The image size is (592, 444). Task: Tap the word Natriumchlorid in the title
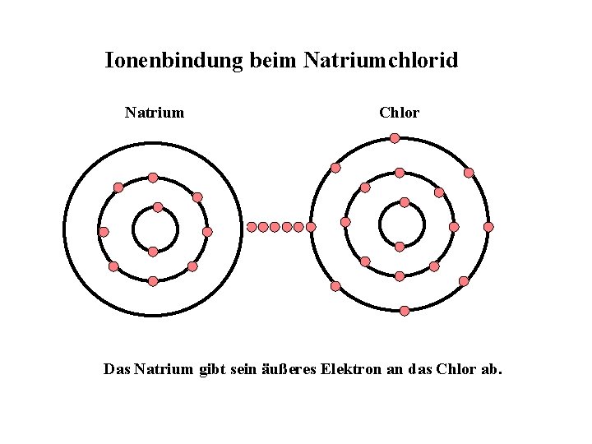pyautogui.click(x=381, y=61)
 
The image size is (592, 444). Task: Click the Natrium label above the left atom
pyautogui.click(x=155, y=113)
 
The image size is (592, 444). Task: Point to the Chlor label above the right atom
pyautogui.click(x=399, y=113)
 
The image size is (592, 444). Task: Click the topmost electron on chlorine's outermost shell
pyautogui.click(x=395, y=138)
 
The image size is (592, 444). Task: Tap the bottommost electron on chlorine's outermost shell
pyautogui.click(x=405, y=311)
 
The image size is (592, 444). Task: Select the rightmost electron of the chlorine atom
pyautogui.click(x=488, y=227)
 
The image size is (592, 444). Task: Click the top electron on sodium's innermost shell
pyautogui.click(x=158, y=207)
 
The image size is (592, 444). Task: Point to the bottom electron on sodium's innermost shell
pyautogui.click(x=153, y=252)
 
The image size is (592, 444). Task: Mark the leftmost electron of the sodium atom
pyautogui.click(x=104, y=232)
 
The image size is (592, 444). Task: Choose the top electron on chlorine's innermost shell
pyautogui.click(x=405, y=202)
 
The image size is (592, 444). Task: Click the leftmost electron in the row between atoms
pyautogui.click(x=252, y=227)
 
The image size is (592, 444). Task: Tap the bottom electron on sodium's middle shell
pyautogui.click(x=153, y=281)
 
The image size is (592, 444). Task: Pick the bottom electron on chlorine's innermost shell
pyautogui.click(x=400, y=247)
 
